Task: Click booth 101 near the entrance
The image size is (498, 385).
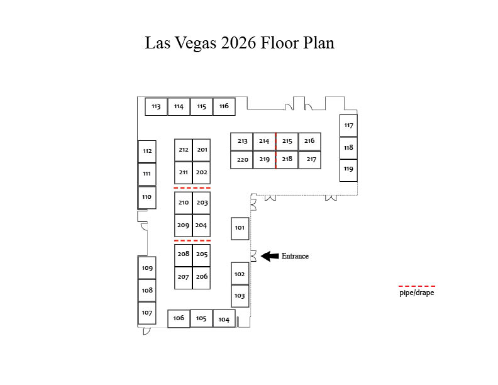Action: [x=240, y=228]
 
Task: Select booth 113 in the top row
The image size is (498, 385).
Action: [x=156, y=106]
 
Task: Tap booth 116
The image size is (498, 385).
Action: [x=224, y=106]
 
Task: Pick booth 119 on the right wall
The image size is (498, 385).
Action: [x=348, y=170]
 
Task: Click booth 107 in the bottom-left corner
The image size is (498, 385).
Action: [x=147, y=313]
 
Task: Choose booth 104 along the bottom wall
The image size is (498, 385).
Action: [x=224, y=318]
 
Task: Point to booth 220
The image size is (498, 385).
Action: [x=241, y=160]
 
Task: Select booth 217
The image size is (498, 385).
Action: [x=309, y=160]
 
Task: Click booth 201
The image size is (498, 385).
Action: [x=201, y=150]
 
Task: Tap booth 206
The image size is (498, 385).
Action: [x=201, y=277]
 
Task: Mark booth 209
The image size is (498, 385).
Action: [x=183, y=226]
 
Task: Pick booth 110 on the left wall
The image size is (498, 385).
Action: [x=147, y=198]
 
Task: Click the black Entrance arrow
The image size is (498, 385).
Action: [x=270, y=256]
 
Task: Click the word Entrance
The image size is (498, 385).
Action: [x=295, y=256]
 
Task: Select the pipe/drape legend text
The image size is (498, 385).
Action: [x=417, y=293]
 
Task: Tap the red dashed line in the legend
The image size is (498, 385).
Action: [x=417, y=286]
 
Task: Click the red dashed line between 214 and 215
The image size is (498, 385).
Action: [x=275, y=150]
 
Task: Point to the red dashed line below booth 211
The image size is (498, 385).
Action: [x=192, y=188]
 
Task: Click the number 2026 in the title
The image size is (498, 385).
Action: [x=238, y=43]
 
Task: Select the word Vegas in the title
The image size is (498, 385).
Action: [x=196, y=43]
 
